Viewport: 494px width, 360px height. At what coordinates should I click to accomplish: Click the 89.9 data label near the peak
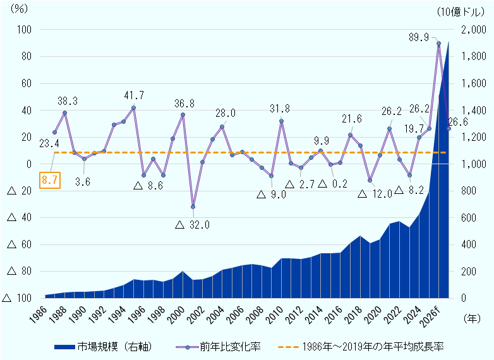pyautogui.click(x=419, y=37)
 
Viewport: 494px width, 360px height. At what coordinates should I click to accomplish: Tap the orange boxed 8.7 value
pyautogui.click(x=50, y=180)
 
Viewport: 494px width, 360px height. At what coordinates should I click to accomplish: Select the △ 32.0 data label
pyautogui.click(x=192, y=225)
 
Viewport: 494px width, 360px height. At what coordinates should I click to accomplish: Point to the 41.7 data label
pyautogui.click(x=134, y=95)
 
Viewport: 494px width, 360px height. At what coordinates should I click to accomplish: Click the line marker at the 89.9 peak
pyautogui.click(x=438, y=43)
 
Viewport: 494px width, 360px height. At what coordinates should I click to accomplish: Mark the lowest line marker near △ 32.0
pyautogui.click(x=193, y=207)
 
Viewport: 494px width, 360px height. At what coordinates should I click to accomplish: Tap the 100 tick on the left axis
pyautogui.click(x=24, y=30)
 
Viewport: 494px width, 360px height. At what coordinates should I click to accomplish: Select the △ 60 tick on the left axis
pyautogui.click(x=19, y=244)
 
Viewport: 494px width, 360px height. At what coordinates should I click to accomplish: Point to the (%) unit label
pyautogui.click(x=18, y=9)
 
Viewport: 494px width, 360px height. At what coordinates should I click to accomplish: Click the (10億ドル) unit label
pyautogui.click(x=461, y=11)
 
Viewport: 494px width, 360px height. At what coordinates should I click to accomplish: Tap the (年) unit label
pyautogui.click(x=472, y=319)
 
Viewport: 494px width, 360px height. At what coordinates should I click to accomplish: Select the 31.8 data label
pyautogui.click(x=280, y=109)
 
